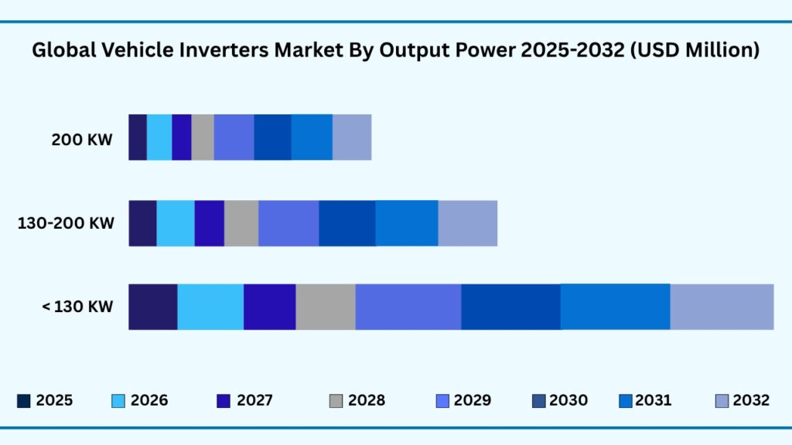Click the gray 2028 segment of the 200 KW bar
(203, 138)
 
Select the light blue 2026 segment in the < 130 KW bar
(210, 307)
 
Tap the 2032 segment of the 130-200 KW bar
(467, 223)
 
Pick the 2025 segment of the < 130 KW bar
(152, 307)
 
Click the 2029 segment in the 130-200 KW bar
(288, 223)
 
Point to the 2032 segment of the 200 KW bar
(352, 138)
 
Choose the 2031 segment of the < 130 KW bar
(615, 307)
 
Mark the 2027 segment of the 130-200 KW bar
(209, 223)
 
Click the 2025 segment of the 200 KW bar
(137, 138)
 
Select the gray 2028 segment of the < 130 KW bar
(326, 307)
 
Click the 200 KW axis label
(82, 140)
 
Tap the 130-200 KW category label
(66, 224)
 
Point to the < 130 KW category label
(77, 307)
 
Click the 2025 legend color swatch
(24, 401)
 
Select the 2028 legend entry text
(366, 401)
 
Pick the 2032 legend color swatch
(721, 401)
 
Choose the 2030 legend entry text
(568, 401)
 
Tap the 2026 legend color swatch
(118, 401)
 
